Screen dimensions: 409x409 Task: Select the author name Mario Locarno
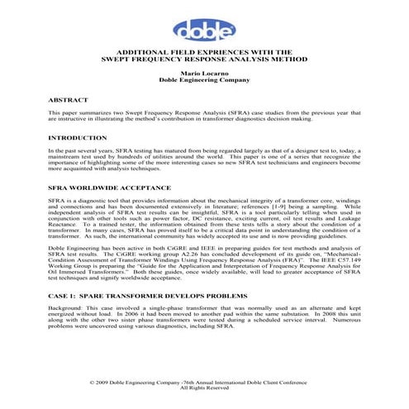[203, 74]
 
